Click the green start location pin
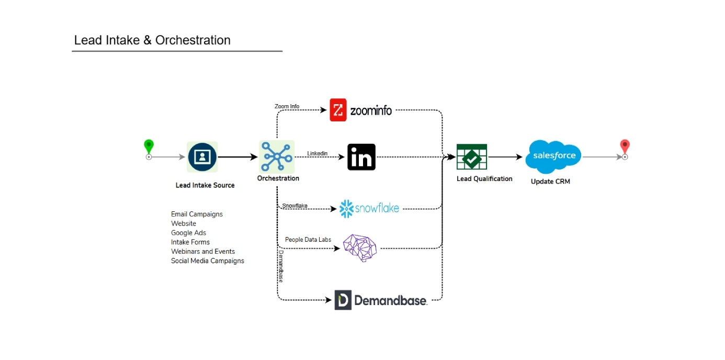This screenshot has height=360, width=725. [x=149, y=147]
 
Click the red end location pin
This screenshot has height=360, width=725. [x=625, y=147]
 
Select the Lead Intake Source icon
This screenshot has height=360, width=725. [x=202, y=156]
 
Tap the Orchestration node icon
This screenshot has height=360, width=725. [x=277, y=156]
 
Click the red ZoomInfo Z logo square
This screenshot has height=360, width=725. [x=338, y=110]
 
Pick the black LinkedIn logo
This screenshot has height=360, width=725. [x=361, y=157]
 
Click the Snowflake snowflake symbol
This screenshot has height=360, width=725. [x=346, y=208]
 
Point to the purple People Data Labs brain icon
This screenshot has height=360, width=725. [x=360, y=248]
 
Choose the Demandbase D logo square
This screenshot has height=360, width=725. [x=343, y=300]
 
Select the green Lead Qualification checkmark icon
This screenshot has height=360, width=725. [x=472, y=157]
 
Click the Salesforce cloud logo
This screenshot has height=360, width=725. [x=554, y=156]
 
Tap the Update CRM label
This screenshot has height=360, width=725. [x=550, y=182]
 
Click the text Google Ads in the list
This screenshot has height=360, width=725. [x=188, y=233]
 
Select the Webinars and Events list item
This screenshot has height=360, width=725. [x=203, y=252]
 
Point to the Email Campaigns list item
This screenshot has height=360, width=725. [x=197, y=214]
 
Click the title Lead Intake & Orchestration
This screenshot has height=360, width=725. [x=152, y=40]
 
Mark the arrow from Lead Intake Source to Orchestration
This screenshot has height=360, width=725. [x=238, y=156]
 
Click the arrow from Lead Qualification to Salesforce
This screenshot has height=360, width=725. [x=505, y=156]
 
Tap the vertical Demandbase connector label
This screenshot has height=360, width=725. [x=281, y=266]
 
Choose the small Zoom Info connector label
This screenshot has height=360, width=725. [x=287, y=106]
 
